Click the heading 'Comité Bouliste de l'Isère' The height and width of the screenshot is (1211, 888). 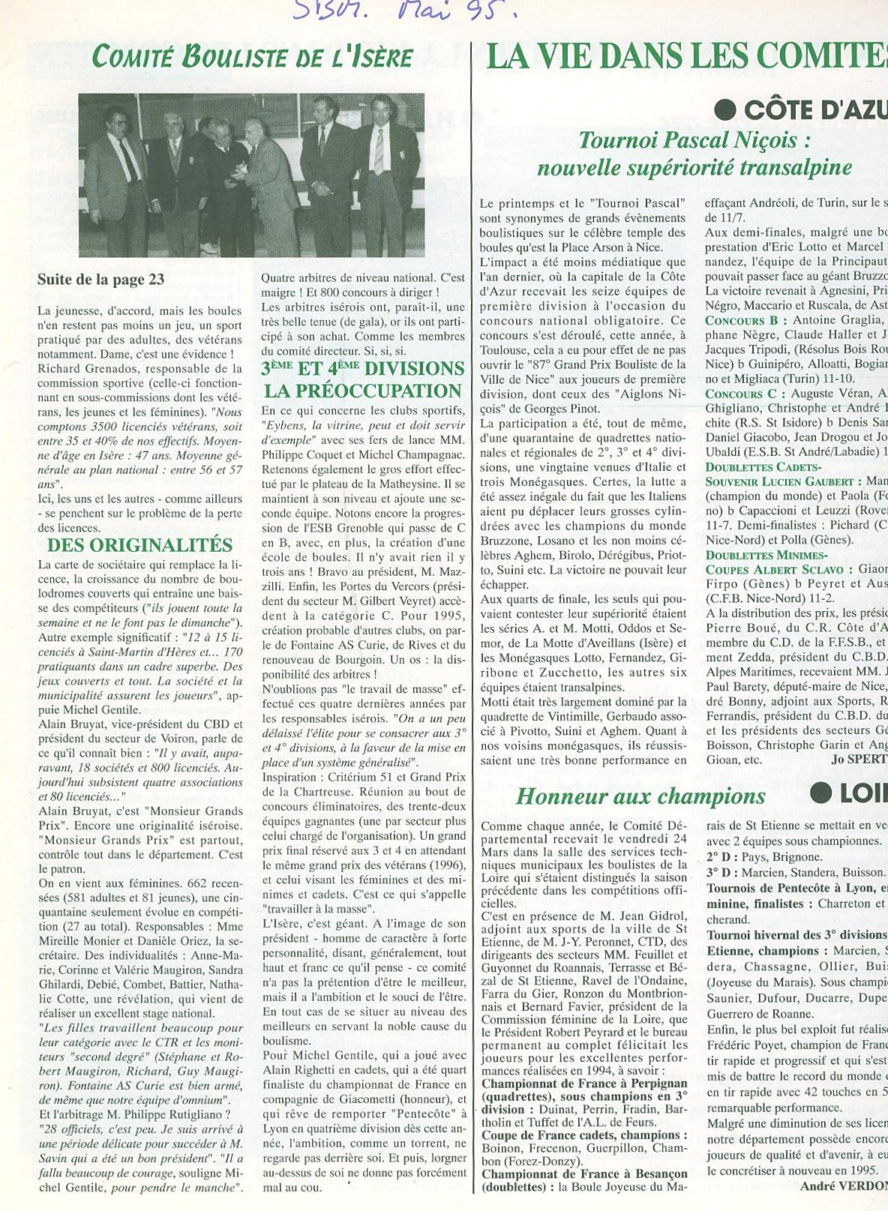(x=251, y=57)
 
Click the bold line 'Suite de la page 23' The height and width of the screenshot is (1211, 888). (x=100, y=280)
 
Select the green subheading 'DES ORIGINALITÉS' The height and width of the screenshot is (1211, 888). (x=140, y=545)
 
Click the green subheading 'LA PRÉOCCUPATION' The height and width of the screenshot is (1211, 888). (x=363, y=391)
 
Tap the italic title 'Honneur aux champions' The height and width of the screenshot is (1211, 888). (x=640, y=796)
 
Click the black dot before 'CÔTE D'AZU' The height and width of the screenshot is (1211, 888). (x=724, y=110)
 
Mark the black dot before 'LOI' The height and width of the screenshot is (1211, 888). (x=822, y=793)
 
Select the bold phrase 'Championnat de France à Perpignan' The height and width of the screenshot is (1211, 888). (x=584, y=1084)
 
